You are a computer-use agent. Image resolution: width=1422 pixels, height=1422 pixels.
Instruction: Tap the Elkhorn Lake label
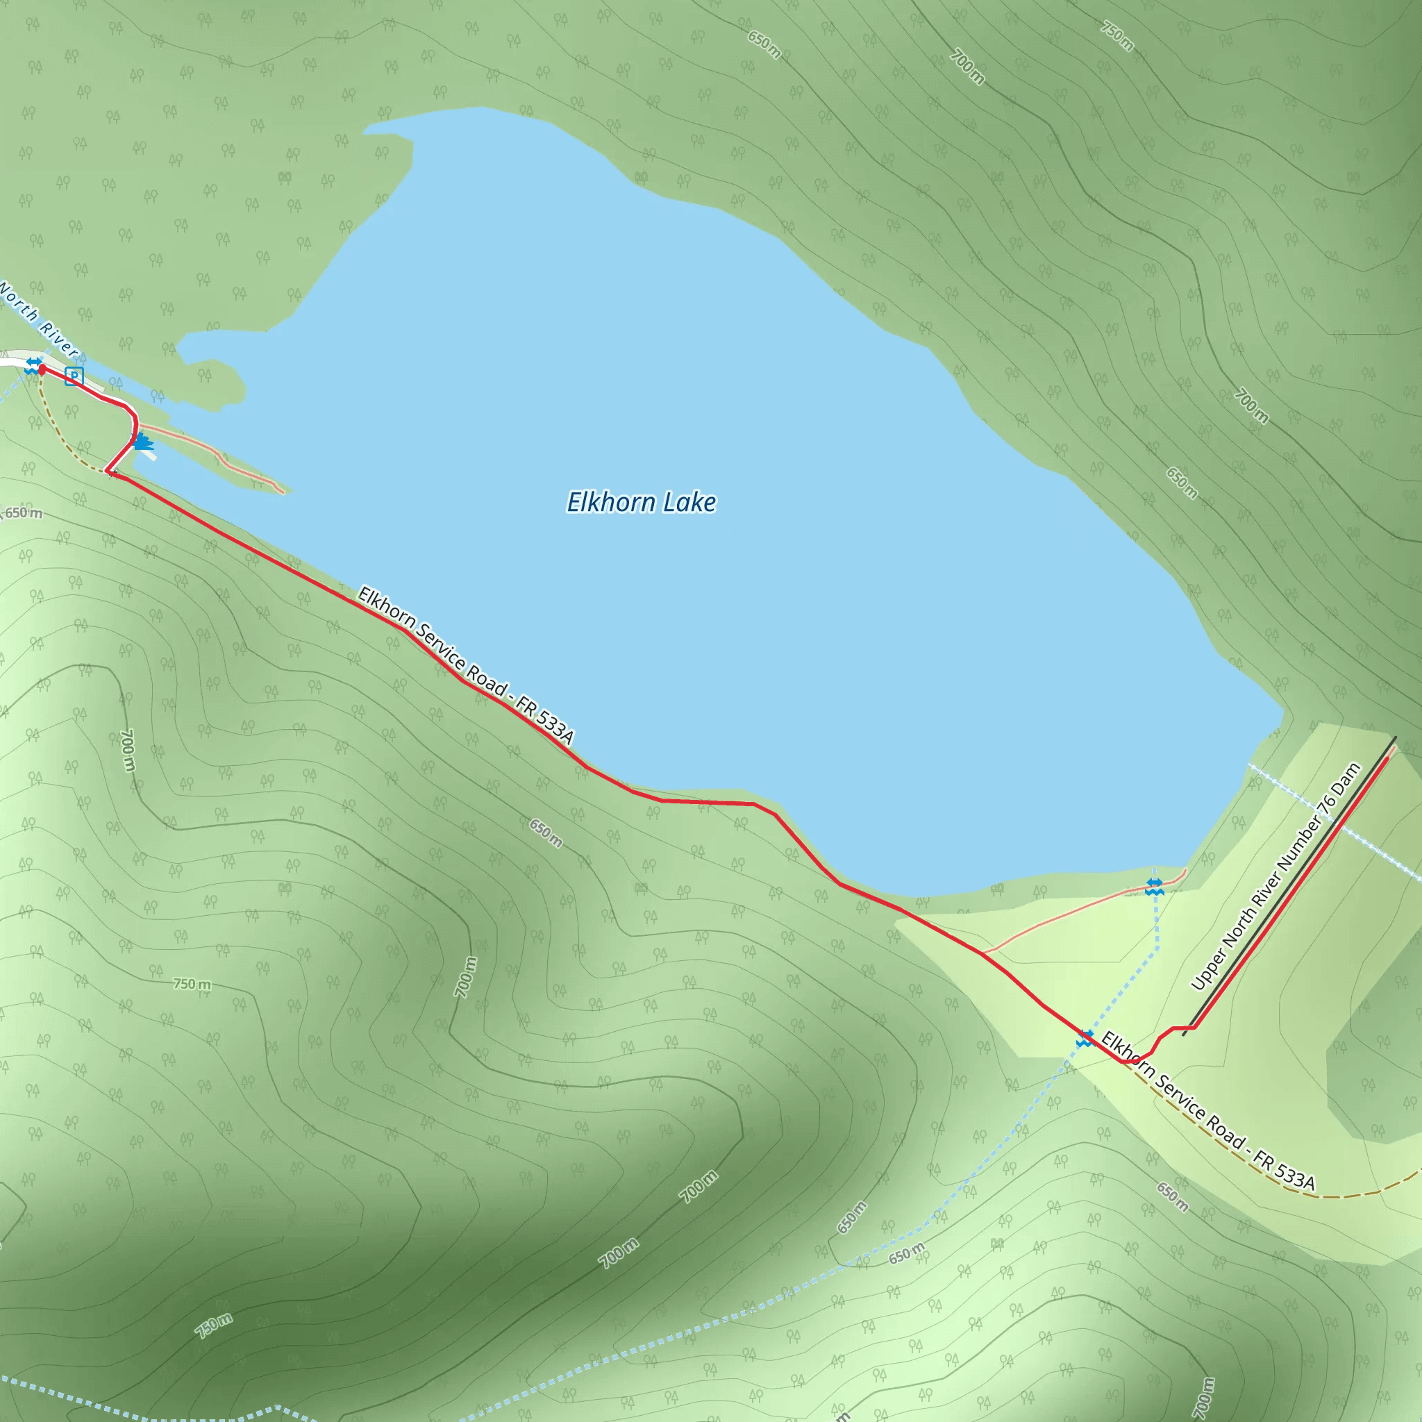coord(641,502)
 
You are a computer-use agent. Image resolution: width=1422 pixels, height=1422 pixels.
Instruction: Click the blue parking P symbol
coord(74,377)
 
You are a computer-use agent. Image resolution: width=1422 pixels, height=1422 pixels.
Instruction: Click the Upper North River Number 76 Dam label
coord(1276,878)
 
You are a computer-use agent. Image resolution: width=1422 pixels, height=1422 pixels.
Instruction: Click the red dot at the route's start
coord(41,369)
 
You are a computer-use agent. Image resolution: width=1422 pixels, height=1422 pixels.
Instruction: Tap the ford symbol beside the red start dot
coord(33,365)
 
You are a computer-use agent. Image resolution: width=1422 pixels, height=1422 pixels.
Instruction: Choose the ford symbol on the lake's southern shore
coord(1154,886)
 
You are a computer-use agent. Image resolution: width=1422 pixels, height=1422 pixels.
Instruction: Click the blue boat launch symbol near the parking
coord(143,442)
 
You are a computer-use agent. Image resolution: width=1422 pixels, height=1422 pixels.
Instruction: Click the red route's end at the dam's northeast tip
coord(1388,758)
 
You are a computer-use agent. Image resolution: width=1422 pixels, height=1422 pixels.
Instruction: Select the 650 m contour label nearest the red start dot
coord(24,513)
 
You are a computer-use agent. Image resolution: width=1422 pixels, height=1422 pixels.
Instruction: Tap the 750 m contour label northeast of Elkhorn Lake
coord(1116,35)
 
